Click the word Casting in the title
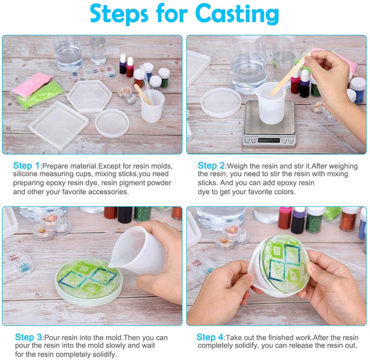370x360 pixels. (237, 14)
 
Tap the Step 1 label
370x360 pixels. (27, 166)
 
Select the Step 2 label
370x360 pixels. (211, 166)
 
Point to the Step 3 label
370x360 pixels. (28, 337)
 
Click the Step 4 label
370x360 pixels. (210, 337)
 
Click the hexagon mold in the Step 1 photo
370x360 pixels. (90, 96)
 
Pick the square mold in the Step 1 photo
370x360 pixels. (58, 125)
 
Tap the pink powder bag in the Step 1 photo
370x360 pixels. (32, 84)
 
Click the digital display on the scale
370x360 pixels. (269, 140)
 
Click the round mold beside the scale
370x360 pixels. (221, 102)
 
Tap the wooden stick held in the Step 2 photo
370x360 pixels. (290, 74)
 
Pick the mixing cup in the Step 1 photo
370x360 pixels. (152, 105)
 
